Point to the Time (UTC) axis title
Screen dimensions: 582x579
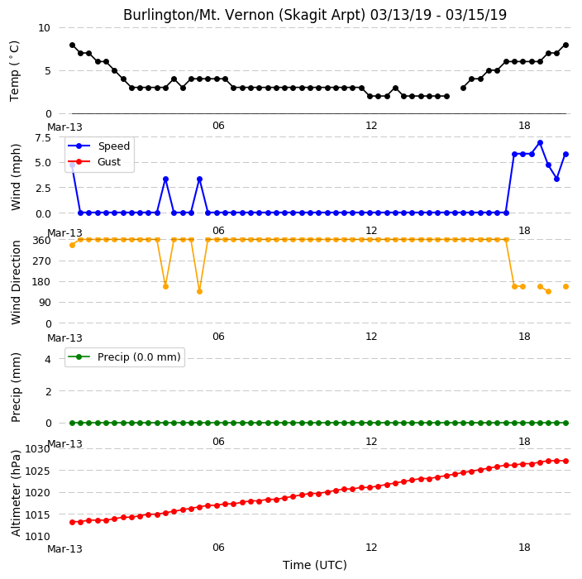315,565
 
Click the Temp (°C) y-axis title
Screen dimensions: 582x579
15,71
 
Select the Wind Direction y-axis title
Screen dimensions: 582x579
16,282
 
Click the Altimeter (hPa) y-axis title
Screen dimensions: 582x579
16,493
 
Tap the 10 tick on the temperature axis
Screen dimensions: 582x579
44,28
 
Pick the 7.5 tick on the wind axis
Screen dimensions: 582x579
43,138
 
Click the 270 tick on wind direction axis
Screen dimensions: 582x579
41,261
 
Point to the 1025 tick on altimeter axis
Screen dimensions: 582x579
37,471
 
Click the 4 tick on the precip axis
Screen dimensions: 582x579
48,359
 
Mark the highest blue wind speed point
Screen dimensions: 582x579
540,143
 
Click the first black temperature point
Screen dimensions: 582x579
73,45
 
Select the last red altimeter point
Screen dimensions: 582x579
565,462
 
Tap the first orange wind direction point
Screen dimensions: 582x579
73,245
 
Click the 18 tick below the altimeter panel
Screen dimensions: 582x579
524,548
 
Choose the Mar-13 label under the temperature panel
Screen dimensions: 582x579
64,127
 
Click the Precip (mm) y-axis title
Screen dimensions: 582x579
16,388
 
